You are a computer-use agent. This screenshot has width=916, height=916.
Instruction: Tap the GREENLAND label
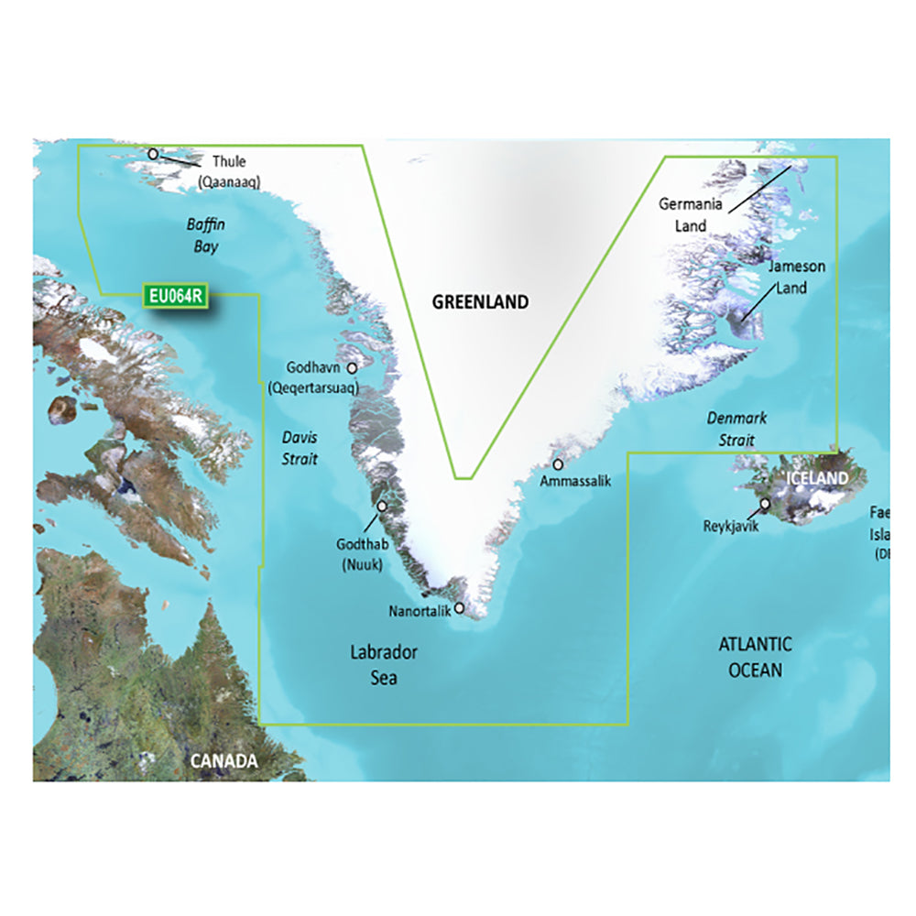tap(480, 301)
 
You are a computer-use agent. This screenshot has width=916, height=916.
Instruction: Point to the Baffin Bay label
tap(206, 235)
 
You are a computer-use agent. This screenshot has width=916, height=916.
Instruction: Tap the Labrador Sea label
tap(384, 665)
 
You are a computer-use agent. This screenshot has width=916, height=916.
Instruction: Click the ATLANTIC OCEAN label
tap(755, 657)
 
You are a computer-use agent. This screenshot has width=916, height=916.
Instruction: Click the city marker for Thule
tap(153, 154)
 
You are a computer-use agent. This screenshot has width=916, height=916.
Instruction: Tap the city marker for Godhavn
tap(351, 367)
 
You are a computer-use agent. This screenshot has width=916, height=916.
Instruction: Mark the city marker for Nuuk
tap(382, 505)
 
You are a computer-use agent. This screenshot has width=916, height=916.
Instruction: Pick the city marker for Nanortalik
tap(459, 607)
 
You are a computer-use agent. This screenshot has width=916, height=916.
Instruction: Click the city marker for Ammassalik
tap(558, 464)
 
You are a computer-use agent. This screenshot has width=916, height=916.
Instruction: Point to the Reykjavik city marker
tap(764, 503)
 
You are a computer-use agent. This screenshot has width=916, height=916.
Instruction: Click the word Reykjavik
tap(730, 526)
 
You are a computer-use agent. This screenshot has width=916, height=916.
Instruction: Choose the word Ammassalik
tap(575, 480)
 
